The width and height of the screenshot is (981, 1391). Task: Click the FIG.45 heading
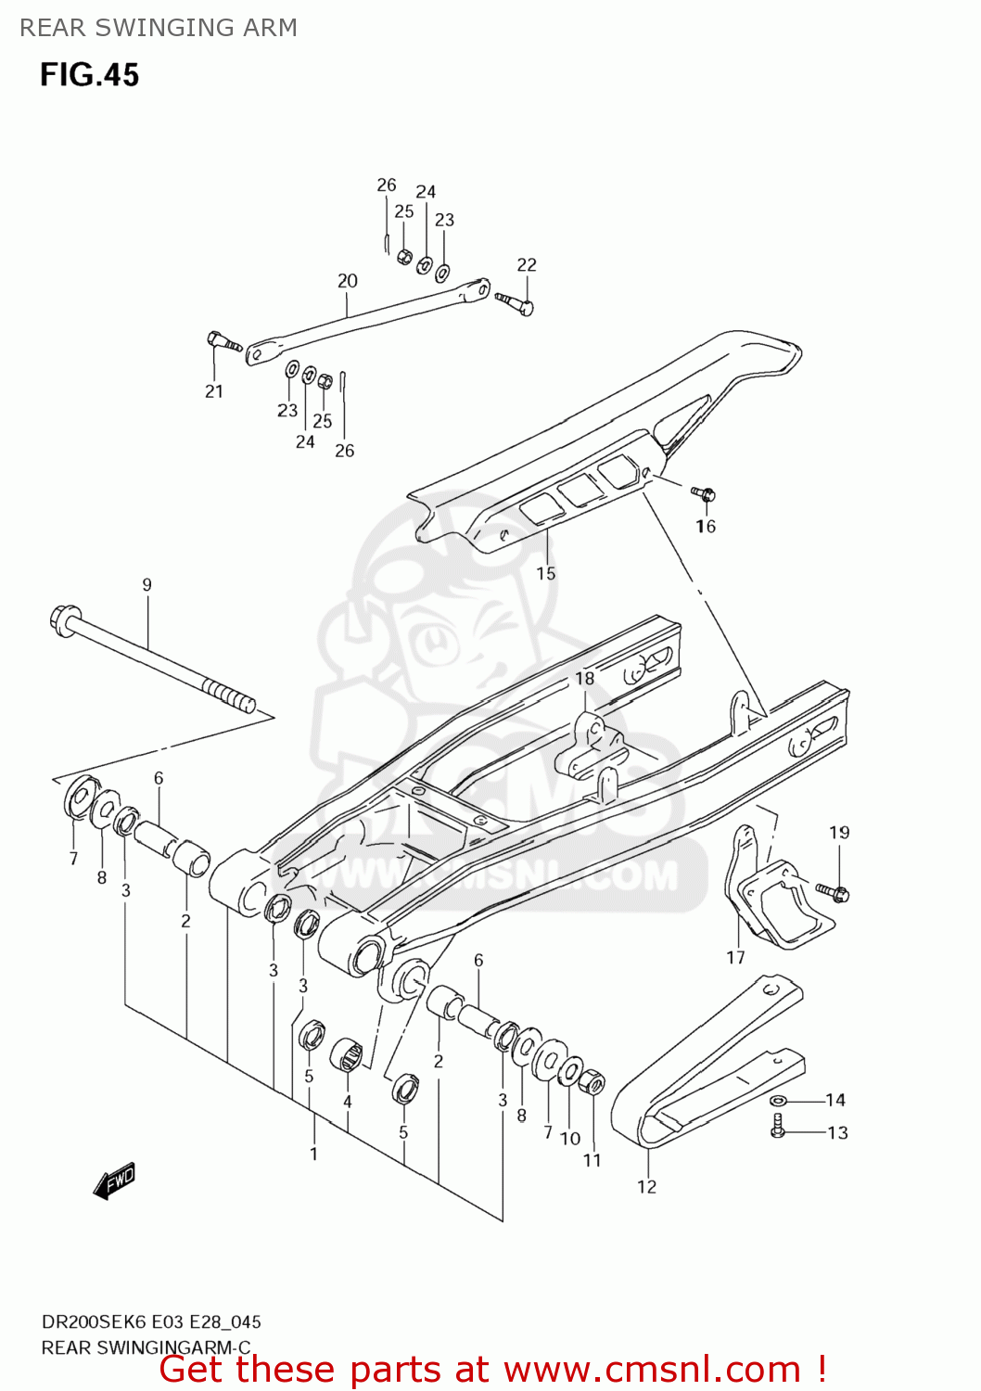89,74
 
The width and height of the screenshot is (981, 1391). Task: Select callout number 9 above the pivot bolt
147,585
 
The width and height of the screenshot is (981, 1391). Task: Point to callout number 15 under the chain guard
546,574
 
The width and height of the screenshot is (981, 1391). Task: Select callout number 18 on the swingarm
584,679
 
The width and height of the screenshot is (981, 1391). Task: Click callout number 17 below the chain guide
735,958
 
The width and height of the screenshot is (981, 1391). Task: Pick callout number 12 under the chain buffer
646,1187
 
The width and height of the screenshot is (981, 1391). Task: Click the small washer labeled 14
777,1101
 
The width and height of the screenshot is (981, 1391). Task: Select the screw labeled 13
777,1127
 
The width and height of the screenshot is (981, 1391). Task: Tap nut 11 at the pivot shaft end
592,1083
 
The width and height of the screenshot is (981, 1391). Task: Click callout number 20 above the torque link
347,281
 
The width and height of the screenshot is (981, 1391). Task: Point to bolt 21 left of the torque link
221,341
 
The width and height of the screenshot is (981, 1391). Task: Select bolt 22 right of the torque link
516,301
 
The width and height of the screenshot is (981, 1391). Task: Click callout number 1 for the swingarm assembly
313,1155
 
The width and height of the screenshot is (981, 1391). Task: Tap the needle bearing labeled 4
347,1055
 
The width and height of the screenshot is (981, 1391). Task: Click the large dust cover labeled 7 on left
78,797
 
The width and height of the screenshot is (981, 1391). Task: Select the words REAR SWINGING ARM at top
159,28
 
